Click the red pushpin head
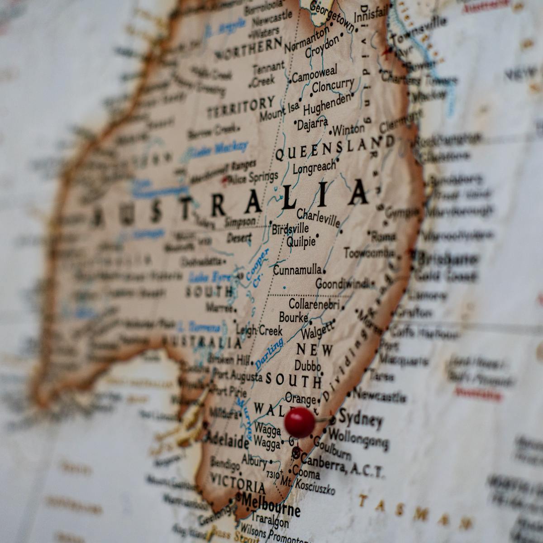coord(300,422)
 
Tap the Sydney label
coord(360,418)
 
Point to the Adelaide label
coord(228,438)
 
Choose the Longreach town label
coord(314,167)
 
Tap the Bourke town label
coord(293,317)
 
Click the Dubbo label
coord(307,366)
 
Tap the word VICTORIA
coord(238,483)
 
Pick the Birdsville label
coord(290,229)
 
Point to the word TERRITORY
coord(240,108)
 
